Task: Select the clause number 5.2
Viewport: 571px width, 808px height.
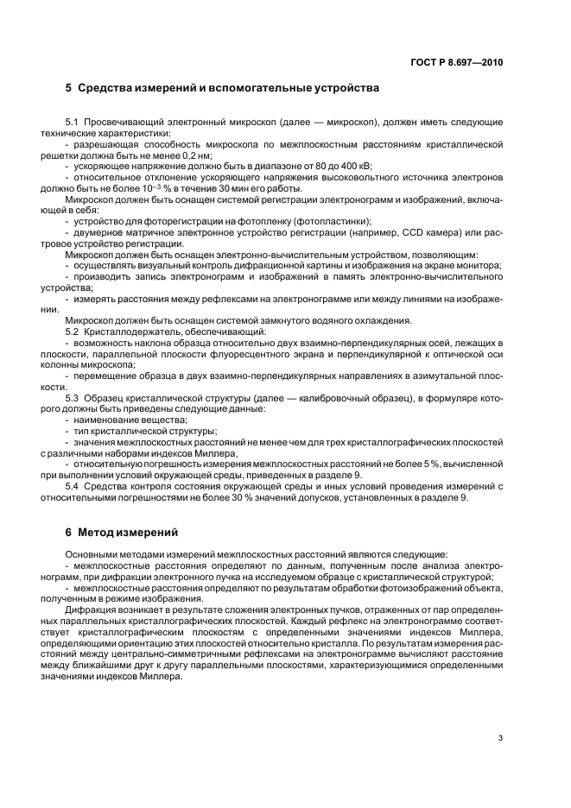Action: coord(73,331)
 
